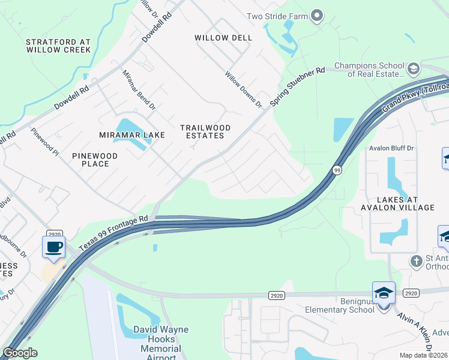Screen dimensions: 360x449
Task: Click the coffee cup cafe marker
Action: pos(53,247)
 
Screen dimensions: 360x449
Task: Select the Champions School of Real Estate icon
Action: pos(413,70)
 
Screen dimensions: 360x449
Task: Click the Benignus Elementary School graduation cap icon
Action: pos(384,293)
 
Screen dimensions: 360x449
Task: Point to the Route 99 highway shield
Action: pos(337,170)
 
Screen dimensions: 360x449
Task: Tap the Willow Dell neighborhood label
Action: pos(223,38)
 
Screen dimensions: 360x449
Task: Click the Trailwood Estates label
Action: pos(202,131)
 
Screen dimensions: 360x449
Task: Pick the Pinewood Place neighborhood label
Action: pos(95,160)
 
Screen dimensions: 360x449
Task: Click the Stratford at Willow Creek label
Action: pos(58,46)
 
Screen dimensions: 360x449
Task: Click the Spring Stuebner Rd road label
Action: pos(297,87)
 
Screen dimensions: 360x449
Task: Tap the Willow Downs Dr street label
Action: pos(244,89)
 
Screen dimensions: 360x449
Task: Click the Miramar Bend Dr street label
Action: pos(139,91)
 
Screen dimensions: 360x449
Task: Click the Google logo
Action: pos(20,353)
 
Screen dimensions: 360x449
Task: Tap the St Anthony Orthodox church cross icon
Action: pos(416,261)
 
